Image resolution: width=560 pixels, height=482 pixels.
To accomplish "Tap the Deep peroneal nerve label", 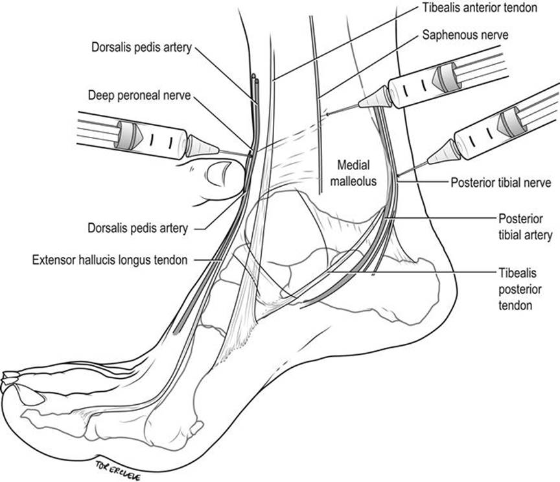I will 139,95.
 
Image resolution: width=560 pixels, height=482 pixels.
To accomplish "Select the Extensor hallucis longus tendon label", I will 111,260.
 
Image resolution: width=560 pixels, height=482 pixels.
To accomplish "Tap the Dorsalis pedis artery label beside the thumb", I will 138,228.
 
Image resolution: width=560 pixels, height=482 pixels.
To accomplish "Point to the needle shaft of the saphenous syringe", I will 344,110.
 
